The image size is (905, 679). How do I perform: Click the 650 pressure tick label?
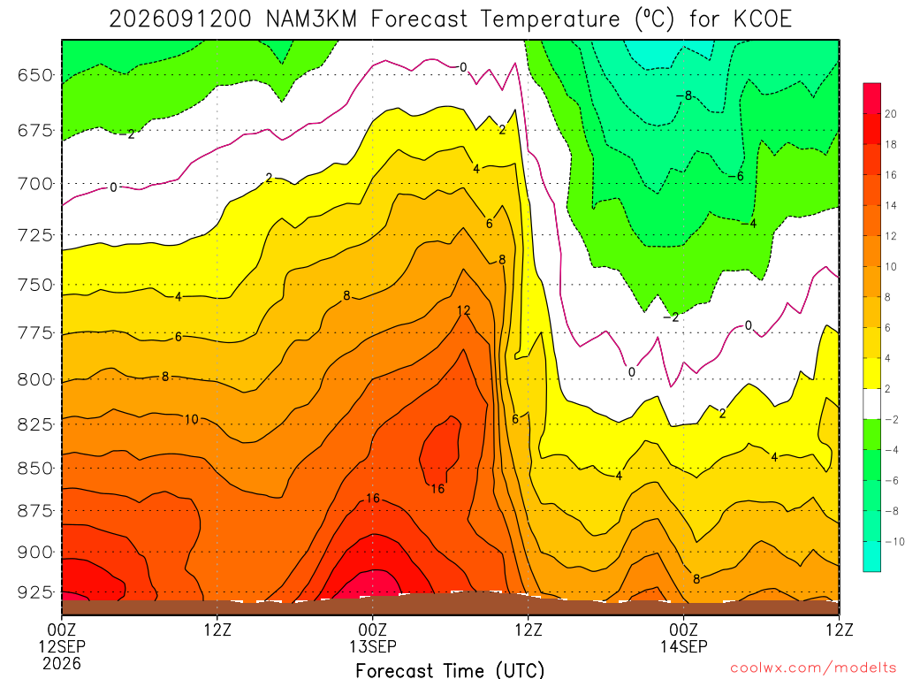pyautogui.click(x=35, y=75)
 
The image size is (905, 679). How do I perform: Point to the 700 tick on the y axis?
pyautogui.click(x=35, y=184)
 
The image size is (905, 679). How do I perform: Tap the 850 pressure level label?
pyautogui.click(x=35, y=468)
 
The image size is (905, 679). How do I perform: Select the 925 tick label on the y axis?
pyautogui.click(x=35, y=591)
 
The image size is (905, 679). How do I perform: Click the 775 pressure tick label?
pyautogui.click(x=35, y=333)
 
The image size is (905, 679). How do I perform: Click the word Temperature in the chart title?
pyautogui.click(x=550, y=20)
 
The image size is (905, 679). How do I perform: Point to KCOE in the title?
pyautogui.click(x=763, y=19)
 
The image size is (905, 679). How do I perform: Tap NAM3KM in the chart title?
pyautogui.click(x=311, y=19)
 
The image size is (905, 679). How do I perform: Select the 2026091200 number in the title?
pyautogui.click(x=180, y=19)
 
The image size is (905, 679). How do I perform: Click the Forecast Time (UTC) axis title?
pyautogui.click(x=450, y=670)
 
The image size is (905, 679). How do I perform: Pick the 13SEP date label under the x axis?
pyautogui.click(x=372, y=646)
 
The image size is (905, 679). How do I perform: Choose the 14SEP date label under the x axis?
pyautogui.click(x=683, y=646)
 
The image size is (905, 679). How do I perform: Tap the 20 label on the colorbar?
pyautogui.click(x=891, y=114)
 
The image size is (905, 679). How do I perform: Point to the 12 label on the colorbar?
pyautogui.click(x=891, y=236)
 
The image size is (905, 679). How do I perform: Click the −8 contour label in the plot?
pyautogui.click(x=684, y=95)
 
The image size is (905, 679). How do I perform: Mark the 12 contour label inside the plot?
pyautogui.click(x=463, y=310)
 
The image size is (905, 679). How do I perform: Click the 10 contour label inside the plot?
pyautogui.click(x=192, y=419)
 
